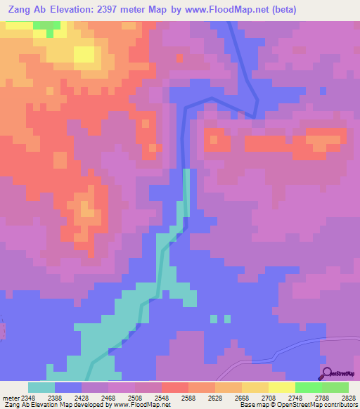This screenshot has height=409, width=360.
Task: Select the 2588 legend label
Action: (x=188, y=397)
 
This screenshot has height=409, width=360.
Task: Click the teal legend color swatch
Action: (x=41, y=387)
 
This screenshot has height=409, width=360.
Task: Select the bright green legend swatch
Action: (x=309, y=387)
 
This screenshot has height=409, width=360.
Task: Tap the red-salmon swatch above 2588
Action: (x=175, y=387)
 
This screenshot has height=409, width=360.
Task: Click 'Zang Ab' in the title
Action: (x=28, y=10)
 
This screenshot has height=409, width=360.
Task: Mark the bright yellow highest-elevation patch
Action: (x=84, y=54)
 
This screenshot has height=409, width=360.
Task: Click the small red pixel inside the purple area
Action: (x=179, y=58)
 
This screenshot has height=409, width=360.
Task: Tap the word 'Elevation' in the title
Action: (x=76, y=10)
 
